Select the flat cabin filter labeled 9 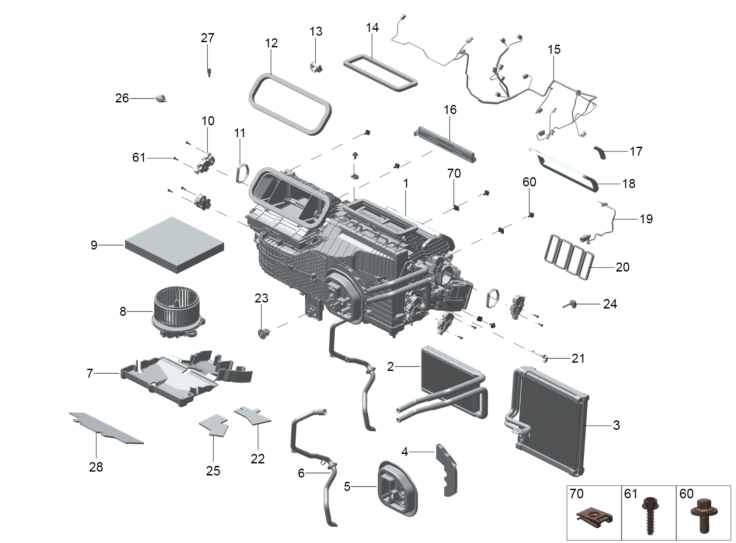(x=174, y=244)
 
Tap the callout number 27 (x=207, y=38)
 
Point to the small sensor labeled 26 (x=161, y=98)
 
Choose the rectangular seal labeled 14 (x=380, y=72)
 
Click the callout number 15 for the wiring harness (x=554, y=49)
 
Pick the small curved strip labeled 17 (x=600, y=152)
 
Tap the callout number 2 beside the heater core (x=390, y=367)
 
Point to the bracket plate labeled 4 (x=447, y=469)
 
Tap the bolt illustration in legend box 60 (x=704, y=514)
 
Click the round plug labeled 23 (x=262, y=333)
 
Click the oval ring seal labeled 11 (x=242, y=173)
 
